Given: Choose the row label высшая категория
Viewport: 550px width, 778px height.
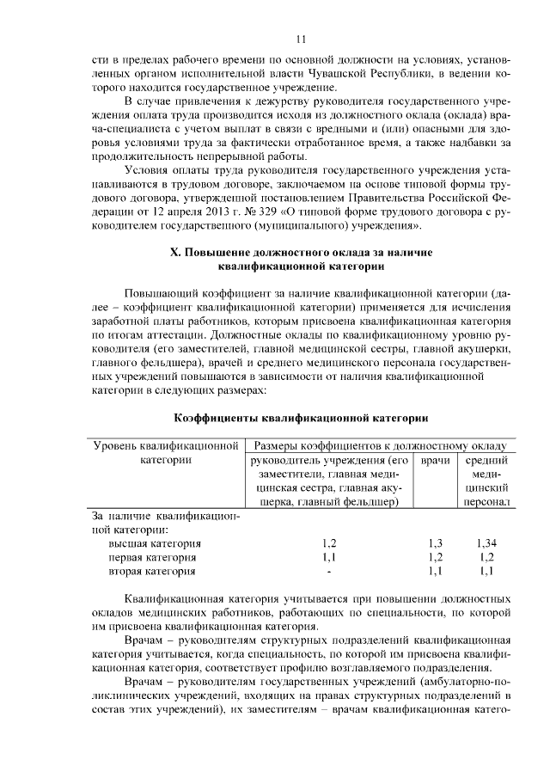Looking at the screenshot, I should click(x=155, y=543).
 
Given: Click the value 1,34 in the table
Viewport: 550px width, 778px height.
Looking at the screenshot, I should click(x=486, y=543).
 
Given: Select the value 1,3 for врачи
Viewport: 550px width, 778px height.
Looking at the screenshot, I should click(x=435, y=543).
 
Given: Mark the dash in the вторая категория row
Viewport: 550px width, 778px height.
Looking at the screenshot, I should click(x=329, y=571).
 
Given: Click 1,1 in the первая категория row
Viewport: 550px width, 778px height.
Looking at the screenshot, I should click(x=329, y=557).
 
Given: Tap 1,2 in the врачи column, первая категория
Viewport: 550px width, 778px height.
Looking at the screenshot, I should click(x=435, y=557).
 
